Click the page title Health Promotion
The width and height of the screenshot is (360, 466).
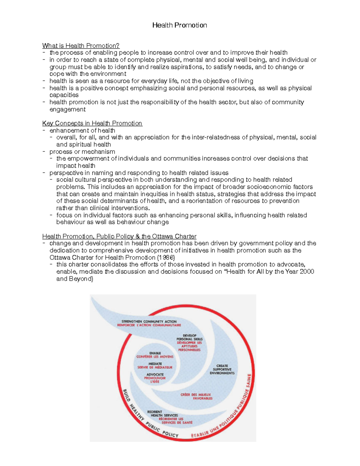[x=179, y=25]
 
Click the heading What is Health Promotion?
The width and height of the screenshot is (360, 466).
[x=81, y=46]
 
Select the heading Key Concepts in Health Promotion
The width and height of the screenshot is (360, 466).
[x=92, y=123]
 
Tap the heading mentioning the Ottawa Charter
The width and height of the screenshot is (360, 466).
[x=119, y=236]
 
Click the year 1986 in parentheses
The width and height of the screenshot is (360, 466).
[x=166, y=257]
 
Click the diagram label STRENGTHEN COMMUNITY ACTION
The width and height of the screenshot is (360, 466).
[x=149, y=321]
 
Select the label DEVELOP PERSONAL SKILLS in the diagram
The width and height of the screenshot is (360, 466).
[x=189, y=337]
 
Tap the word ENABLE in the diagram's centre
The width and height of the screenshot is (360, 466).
[x=155, y=353]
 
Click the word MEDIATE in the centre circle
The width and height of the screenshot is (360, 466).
[x=155, y=364]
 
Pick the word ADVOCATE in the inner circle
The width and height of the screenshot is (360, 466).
[x=155, y=374]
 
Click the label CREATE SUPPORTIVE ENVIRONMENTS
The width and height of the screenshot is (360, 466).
[x=222, y=369]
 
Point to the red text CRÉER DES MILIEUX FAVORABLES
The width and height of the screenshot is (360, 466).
[x=196, y=396]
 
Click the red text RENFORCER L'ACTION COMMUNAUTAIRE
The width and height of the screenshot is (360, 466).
[x=149, y=325]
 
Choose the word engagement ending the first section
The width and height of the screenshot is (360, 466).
[x=67, y=110]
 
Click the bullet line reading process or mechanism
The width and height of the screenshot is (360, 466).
[x=82, y=152]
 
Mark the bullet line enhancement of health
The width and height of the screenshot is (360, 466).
[x=82, y=131]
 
